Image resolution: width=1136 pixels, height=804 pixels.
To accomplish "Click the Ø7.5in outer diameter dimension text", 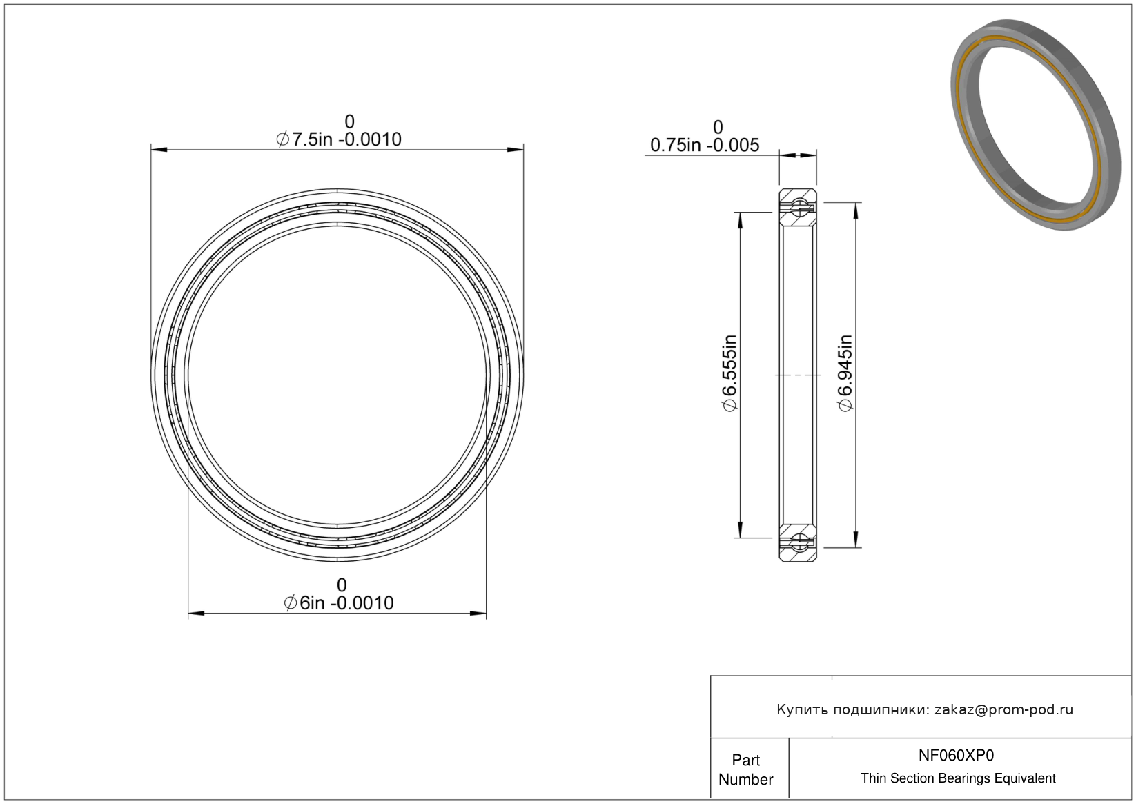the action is [338, 139].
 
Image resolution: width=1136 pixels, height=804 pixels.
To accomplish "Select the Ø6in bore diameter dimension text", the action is [338, 603].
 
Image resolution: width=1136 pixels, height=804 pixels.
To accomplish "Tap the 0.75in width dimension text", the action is [705, 146].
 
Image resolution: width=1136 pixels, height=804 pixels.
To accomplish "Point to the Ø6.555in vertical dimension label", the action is [729, 373].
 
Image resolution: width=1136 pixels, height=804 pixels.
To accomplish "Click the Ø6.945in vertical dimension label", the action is [845, 373].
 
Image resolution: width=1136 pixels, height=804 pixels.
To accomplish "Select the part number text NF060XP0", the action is [956, 756].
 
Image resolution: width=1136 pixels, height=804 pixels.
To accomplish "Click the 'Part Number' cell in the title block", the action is [746, 769].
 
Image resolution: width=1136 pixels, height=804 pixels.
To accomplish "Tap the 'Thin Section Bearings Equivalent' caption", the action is [958, 778].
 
